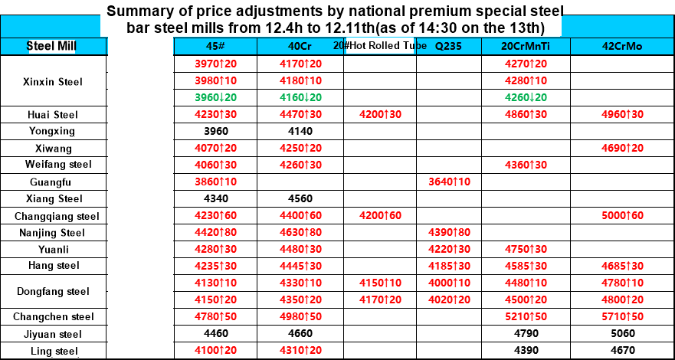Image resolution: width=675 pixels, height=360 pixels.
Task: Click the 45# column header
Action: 215,46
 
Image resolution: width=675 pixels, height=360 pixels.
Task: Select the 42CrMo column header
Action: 622,46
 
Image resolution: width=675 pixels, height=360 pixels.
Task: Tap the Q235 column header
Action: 448,46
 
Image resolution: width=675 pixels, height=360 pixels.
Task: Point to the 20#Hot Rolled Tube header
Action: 380,45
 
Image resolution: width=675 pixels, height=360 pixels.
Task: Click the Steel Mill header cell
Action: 51,46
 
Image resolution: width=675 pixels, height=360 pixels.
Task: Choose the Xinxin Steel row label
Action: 53,81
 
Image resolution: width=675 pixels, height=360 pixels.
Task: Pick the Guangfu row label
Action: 53,182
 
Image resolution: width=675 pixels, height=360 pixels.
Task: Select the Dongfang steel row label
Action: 53,291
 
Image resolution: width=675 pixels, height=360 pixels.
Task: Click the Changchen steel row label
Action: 53,316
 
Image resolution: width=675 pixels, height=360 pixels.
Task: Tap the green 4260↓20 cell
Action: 525,97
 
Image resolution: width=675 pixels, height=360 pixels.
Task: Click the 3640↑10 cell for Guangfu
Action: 448,182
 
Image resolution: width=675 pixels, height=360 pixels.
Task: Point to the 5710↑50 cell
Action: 622,316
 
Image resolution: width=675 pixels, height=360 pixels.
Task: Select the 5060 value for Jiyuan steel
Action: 622,334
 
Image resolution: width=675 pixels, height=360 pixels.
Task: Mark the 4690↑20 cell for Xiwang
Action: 622,148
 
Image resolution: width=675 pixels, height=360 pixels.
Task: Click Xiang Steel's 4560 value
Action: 300,198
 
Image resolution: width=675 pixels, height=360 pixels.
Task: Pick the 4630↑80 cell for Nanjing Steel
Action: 300,232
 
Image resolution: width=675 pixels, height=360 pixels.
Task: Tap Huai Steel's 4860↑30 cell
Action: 525,115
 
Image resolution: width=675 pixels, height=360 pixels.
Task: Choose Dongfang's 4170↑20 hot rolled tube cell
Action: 380,299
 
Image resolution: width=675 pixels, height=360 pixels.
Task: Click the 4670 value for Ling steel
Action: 622,351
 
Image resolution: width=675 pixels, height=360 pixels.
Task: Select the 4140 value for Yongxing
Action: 300,131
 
